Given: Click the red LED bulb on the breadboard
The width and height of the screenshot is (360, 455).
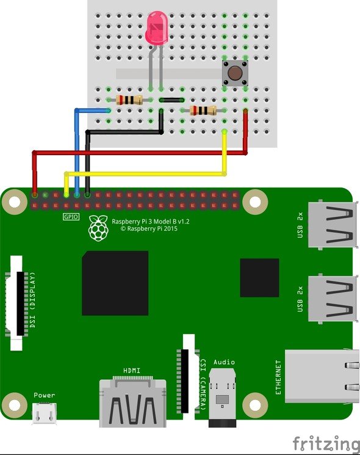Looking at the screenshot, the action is pyautogui.click(x=157, y=28).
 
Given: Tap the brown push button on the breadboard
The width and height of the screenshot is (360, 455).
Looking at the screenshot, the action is pyautogui.click(x=235, y=73).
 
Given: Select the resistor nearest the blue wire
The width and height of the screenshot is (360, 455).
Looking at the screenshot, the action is pyautogui.click(x=129, y=100).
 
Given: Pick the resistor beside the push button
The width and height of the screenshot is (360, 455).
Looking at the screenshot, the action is pyautogui.click(x=203, y=111).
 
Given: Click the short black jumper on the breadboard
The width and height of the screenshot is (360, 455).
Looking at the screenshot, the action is pyautogui.click(x=171, y=100).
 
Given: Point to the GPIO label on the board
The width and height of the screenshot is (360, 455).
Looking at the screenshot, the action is pyautogui.click(x=71, y=216).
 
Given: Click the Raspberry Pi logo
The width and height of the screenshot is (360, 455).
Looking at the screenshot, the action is pyautogui.click(x=98, y=228).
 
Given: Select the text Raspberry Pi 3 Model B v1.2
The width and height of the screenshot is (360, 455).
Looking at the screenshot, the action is pyautogui.click(x=151, y=222).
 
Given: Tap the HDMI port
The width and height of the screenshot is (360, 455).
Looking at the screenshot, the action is pyautogui.click(x=133, y=402).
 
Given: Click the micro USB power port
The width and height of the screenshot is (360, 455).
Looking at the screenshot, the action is pyautogui.click(x=45, y=413).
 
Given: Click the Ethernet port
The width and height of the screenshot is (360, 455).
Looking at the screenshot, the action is pyautogui.click(x=322, y=376).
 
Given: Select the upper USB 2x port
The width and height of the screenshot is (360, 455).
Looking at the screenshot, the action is pyautogui.click(x=333, y=225).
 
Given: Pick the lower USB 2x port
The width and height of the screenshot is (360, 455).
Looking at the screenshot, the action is pyautogui.click(x=333, y=298).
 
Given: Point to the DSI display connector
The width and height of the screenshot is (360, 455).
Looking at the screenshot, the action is pyautogui.click(x=17, y=304).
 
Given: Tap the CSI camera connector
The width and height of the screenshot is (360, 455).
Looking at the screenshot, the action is pyautogui.click(x=188, y=377).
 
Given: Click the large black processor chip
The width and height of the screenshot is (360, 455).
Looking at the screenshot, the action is pyautogui.click(x=115, y=283).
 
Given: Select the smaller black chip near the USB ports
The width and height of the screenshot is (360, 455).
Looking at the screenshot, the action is pyautogui.click(x=259, y=278).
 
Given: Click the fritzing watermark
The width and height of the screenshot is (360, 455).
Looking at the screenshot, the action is pyautogui.click(x=326, y=444).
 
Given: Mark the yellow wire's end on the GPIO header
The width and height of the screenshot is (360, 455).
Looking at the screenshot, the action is pyautogui.click(x=67, y=195).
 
